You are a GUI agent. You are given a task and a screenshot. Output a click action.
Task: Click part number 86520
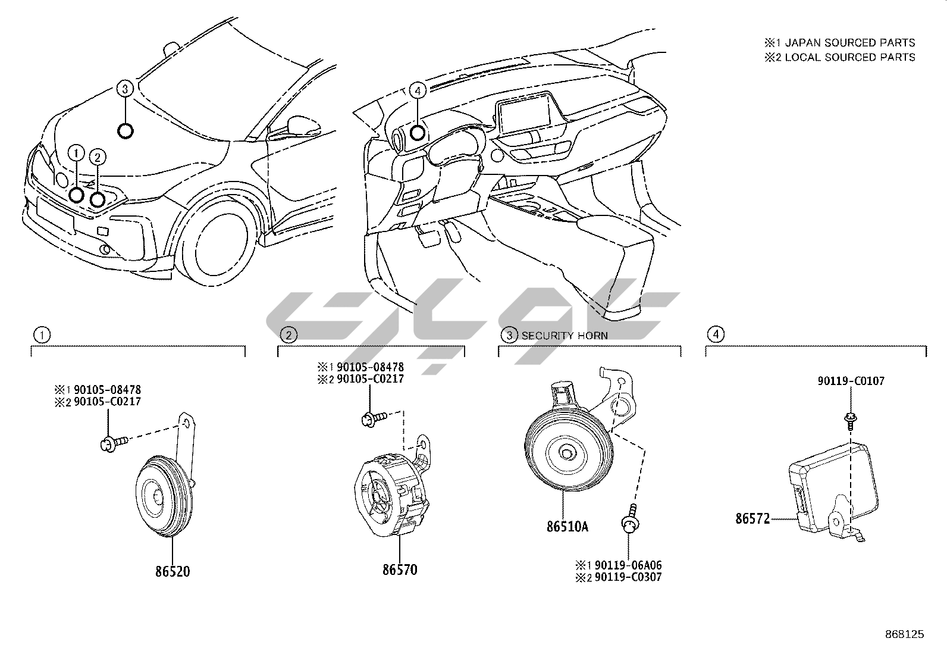[x=173, y=571]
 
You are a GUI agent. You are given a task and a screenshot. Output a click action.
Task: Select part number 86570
[x=400, y=569]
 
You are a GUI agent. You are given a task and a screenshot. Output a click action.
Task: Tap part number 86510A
[x=567, y=526]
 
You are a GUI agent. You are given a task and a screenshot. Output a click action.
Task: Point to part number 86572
[x=752, y=518]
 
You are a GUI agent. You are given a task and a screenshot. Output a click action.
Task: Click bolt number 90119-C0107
[x=849, y=381]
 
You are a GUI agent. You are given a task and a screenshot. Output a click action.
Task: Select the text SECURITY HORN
[x=565, y=336]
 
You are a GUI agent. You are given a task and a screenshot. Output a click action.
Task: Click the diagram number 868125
[x=904, y=634]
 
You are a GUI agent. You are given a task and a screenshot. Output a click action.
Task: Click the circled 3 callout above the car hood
[x=124, y=89]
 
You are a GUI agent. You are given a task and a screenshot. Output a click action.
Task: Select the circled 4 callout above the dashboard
[x=418, y=90]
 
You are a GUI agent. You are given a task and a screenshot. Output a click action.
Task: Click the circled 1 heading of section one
[x=41, y=335]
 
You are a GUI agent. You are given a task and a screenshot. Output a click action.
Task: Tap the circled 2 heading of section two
[x=289, y=335]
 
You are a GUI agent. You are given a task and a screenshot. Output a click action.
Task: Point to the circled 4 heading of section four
[x=716, y=334]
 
